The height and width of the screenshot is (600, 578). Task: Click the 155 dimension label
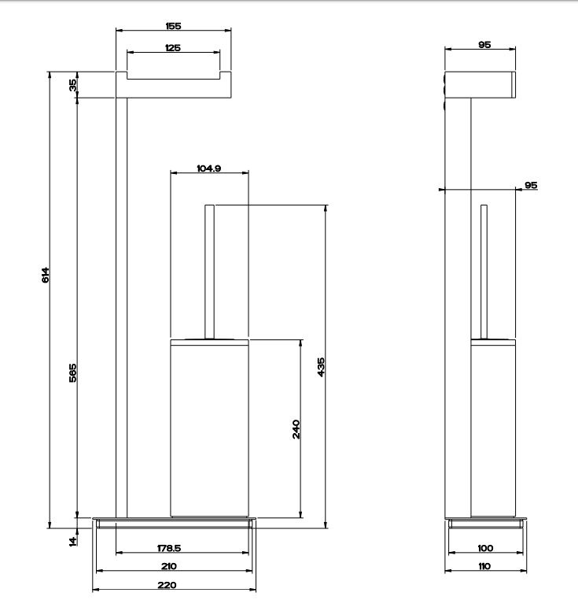coord(173,26)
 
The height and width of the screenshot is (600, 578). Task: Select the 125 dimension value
coord(173,48)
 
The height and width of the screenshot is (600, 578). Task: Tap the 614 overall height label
coord(45,275)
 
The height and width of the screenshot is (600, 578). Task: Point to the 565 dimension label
coord(72,372)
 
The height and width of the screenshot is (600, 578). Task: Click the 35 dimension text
coord(72,85)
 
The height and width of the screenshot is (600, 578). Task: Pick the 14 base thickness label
coord(72,541)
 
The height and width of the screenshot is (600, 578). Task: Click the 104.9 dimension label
coord(208,169)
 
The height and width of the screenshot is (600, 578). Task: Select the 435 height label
coord(321,367)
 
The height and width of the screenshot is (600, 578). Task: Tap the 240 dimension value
coord(296,429)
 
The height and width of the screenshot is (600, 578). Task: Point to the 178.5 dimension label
coord(169,548)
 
